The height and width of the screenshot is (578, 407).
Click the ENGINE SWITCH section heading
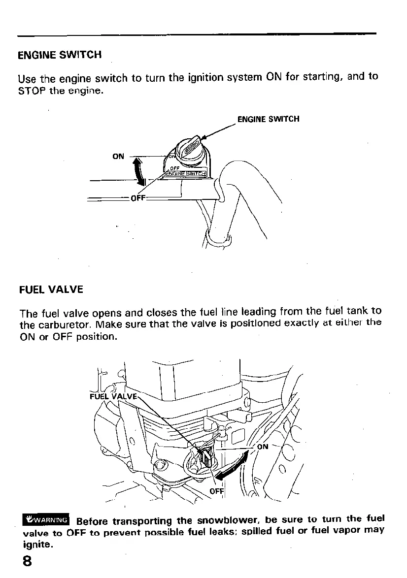[60, 55]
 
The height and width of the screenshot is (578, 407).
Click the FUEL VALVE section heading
[51, 289]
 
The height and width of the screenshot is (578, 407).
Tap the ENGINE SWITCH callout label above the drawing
[268, 119]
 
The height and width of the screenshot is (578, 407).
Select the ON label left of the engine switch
[118, 157]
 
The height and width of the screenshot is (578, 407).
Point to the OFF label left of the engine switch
[137, 198]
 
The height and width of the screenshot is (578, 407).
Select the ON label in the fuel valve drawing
[263, 447]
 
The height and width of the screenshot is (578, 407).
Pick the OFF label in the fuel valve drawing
[217, 491]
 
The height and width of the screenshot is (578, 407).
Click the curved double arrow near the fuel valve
[232, 464]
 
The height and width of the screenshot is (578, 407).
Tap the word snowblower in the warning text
[228, 520]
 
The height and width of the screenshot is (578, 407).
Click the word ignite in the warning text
[36, 545]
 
